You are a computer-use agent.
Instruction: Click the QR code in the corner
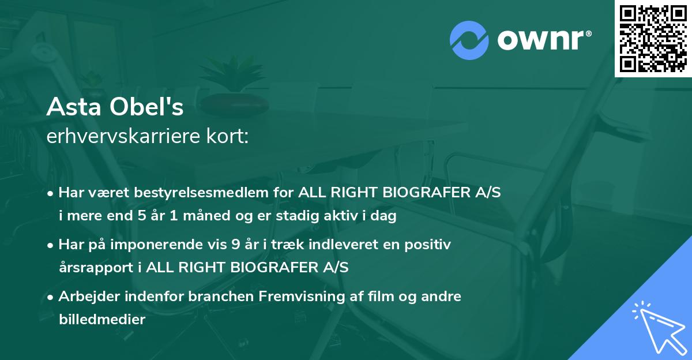[653, 38]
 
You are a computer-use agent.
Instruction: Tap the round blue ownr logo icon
[468, 39]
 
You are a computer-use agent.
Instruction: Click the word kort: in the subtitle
[230, 137]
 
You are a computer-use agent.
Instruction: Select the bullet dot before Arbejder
[51, 297]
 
